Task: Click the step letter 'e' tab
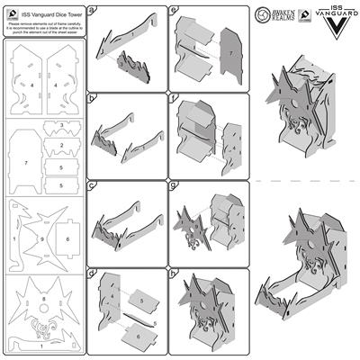172,9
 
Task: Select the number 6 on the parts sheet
67,238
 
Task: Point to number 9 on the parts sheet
40,238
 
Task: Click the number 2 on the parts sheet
60,144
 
